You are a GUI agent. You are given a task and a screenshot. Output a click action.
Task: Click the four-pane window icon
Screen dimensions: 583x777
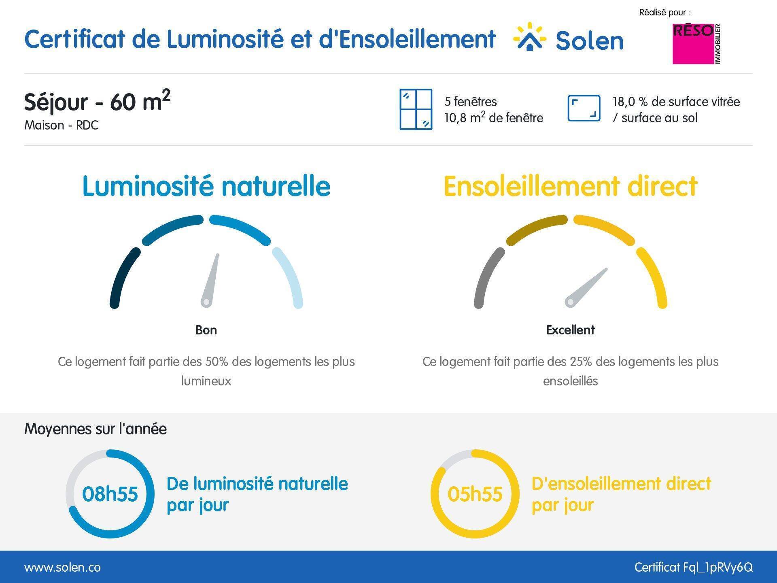click(x=416, y=109)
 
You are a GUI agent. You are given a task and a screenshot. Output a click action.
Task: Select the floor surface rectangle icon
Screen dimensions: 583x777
click(x=584, y=108)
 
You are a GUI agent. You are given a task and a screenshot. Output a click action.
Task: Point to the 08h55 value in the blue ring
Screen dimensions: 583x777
click(x=110, y=494)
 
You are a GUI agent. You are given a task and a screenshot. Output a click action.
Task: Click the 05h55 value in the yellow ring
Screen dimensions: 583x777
click(x=475, y=494)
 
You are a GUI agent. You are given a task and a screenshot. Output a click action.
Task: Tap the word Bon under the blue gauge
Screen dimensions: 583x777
click(x=206, y=330)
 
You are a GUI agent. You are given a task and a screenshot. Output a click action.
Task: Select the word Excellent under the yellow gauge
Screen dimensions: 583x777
click(x=570, y=330)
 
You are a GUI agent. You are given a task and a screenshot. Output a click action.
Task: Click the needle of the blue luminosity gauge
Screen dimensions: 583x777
click(x=211, y=279)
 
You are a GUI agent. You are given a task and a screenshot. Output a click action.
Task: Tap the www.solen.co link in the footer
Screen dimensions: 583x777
click(x=63, y=567)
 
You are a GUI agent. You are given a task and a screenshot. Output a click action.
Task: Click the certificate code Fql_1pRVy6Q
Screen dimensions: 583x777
click(x=718, y=567)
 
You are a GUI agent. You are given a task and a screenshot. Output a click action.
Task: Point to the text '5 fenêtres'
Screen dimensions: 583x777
click(x=470, y=101)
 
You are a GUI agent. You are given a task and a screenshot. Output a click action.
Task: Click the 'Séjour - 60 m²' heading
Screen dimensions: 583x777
click(x=97, y=101)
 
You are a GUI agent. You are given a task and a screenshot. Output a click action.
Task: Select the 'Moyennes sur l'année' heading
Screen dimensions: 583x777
click(x=96, y=429)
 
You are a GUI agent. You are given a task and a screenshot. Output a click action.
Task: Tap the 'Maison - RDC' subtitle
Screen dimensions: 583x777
click(x=61, y=125)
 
